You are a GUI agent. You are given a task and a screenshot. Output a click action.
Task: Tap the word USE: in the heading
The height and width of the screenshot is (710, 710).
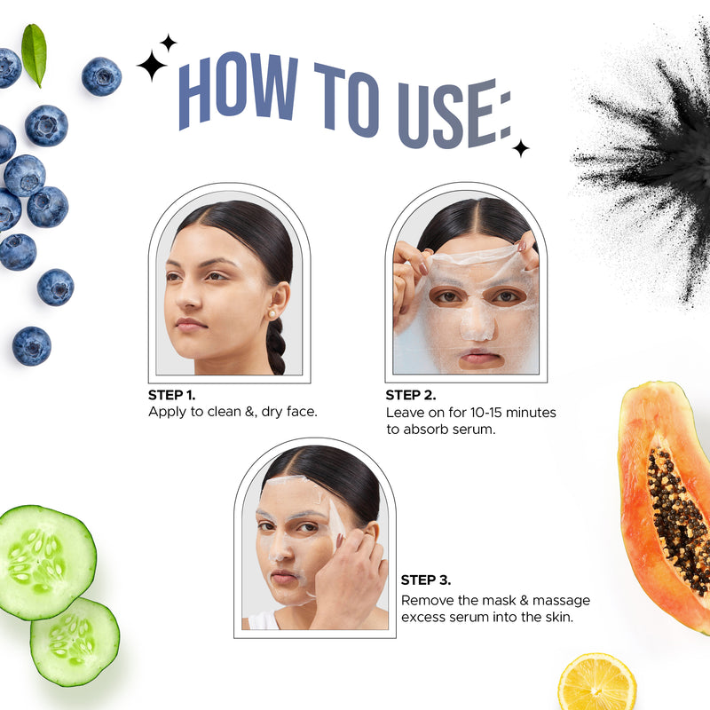pyautogui.click(x=454, y=114)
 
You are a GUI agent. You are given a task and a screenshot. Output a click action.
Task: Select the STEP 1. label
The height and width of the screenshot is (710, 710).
pyautogui.click(x=171, y=395)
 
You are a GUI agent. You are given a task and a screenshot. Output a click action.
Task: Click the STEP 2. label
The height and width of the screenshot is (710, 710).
pyautogui.click(x=411, y=395)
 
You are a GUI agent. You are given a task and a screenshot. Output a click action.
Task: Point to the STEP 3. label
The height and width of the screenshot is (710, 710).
pyautogui.click(x=426, y=580)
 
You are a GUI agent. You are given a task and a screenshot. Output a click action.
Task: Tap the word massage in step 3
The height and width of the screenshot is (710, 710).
pyautogui.click(x=561, y=601)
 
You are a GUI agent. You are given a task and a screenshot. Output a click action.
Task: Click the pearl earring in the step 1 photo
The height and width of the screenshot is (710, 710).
pyautogui.click(x=272, y=314)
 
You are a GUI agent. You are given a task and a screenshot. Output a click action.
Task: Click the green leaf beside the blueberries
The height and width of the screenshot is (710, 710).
pyautogui.click(x=34, y=54)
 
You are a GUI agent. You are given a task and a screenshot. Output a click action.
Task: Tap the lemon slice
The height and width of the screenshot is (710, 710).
pyautogui.click(x=596, y=682)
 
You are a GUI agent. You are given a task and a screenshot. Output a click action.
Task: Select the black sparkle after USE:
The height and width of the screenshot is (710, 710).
pyautogui.click(x=521, y=148)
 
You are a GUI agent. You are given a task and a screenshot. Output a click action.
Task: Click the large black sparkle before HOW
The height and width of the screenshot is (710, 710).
pyautogui.click(x=152, y=66)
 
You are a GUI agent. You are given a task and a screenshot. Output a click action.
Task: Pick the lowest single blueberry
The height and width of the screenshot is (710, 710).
pyautogui.click(x=32, y=346)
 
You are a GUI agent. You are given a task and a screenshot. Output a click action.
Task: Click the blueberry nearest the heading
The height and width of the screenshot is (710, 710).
pyautogui.click(x=101, y=76)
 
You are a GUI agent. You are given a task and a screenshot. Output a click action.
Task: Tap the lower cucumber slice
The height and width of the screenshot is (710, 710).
pyautogui.click(x=75, y=642)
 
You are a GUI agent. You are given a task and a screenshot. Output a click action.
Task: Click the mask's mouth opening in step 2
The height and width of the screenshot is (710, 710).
pyautogui.click(x=481, y=360)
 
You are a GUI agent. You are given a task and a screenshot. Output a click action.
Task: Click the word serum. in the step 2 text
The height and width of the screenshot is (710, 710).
pyautogui.click(x=475, y=430)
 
